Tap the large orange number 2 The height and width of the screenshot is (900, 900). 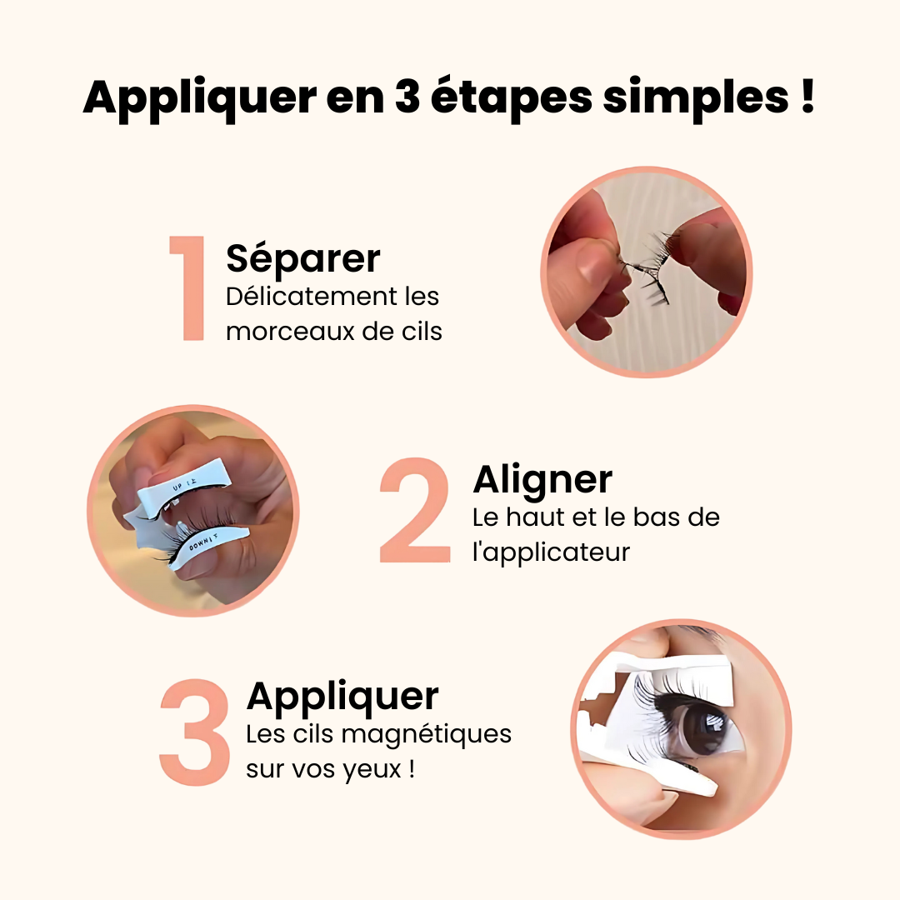tap(415, 510)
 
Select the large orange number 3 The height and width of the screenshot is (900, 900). tap(195, 732)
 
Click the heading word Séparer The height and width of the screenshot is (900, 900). tap(302, 258)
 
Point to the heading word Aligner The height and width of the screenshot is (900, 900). tap(542, 480)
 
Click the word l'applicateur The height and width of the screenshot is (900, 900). tap(551, 552)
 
